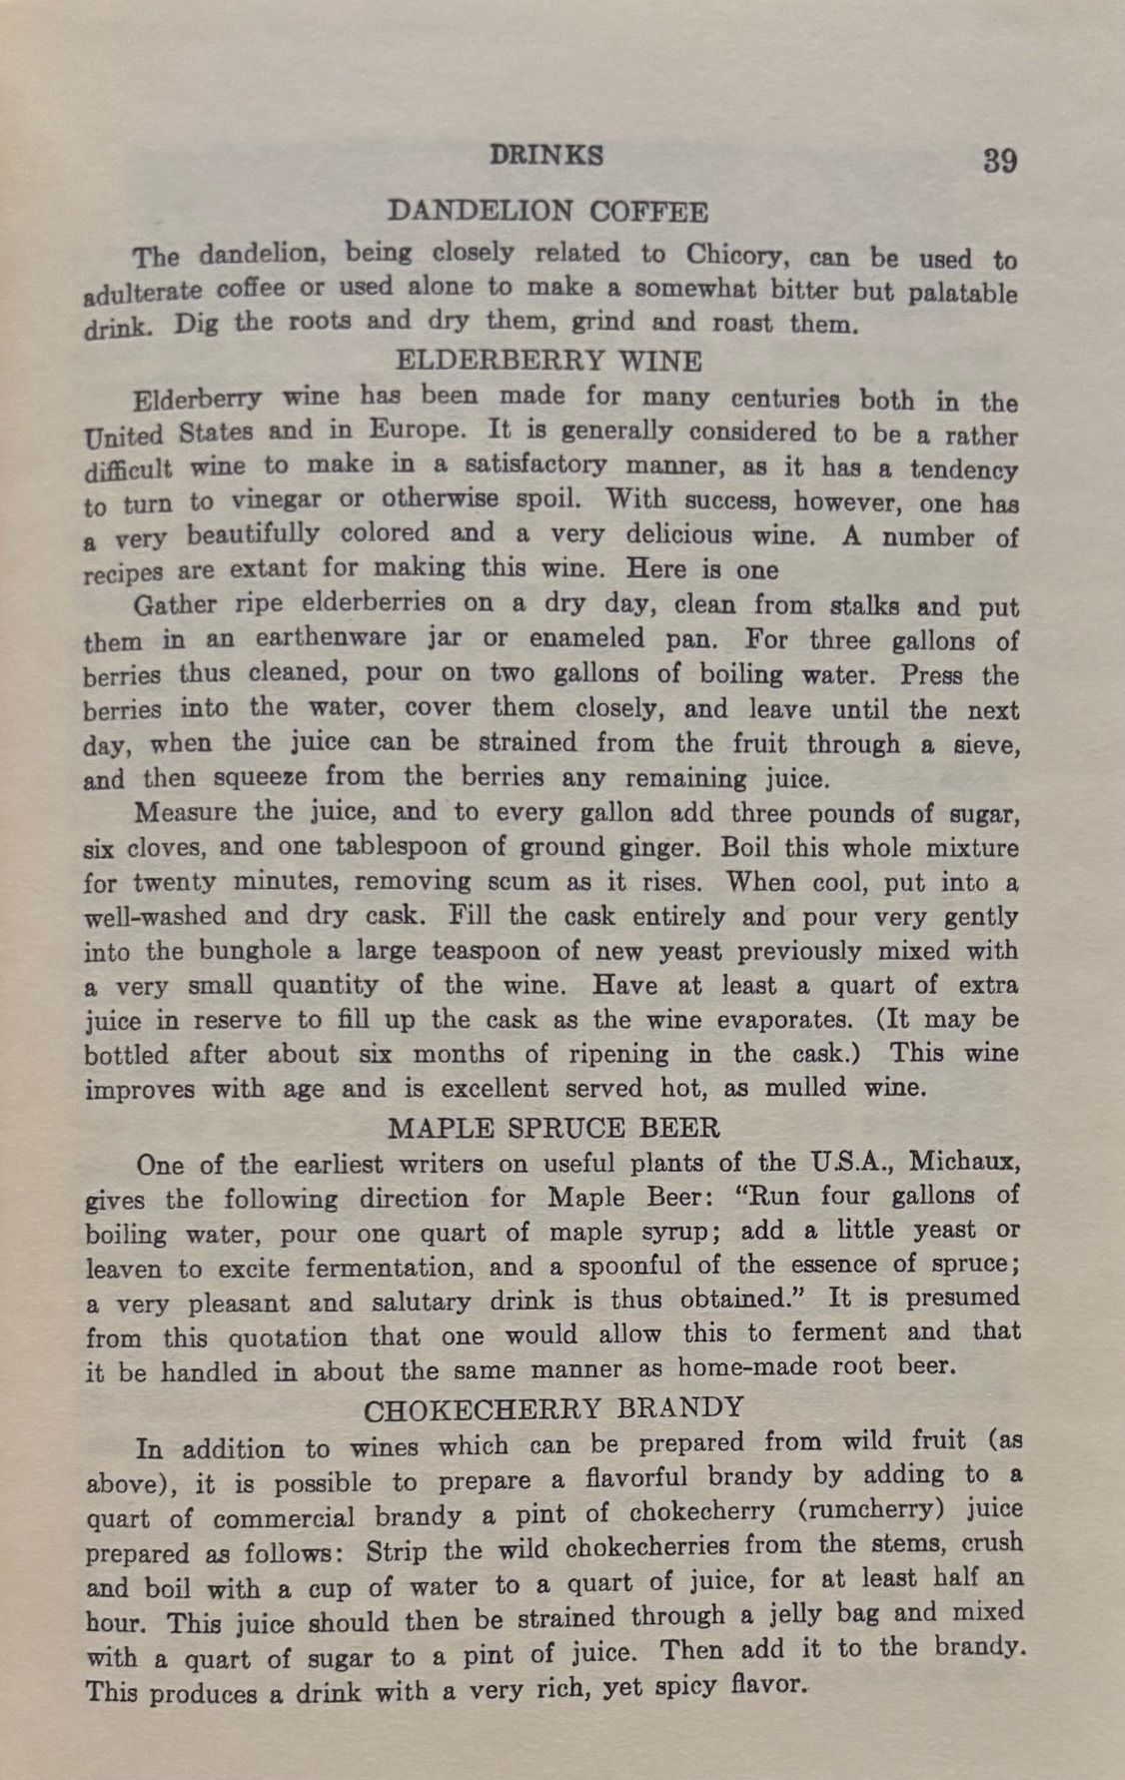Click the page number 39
tap(998, 161)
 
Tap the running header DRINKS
tap(547, 156)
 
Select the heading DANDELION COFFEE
tap(548, 212)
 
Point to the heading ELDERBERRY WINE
tap(549, 360)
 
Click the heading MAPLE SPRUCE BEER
tap(553, 1128)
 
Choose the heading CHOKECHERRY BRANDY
tap(554, 1408)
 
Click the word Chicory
tap(738, 255)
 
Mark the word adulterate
tap(144, 295)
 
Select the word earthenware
tap(331, 637)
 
